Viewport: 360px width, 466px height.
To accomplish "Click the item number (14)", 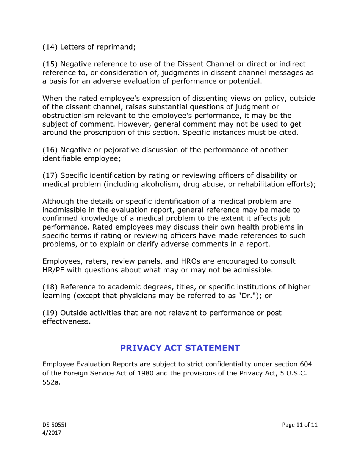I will (x=50, y=47).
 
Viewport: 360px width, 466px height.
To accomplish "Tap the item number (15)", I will (x=50, y=64).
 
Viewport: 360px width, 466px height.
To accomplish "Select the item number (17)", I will (x=50, y=175).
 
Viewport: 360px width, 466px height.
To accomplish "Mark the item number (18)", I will (x=50, y=287).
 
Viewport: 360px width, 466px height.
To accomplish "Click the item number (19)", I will (x=50, y=313).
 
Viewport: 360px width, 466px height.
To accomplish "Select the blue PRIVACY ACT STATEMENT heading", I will (x=180, y=348).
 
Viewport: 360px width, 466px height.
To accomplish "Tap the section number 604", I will (x=305, y=364).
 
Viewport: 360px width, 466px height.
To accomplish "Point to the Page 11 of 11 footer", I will (x=300, y=425).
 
